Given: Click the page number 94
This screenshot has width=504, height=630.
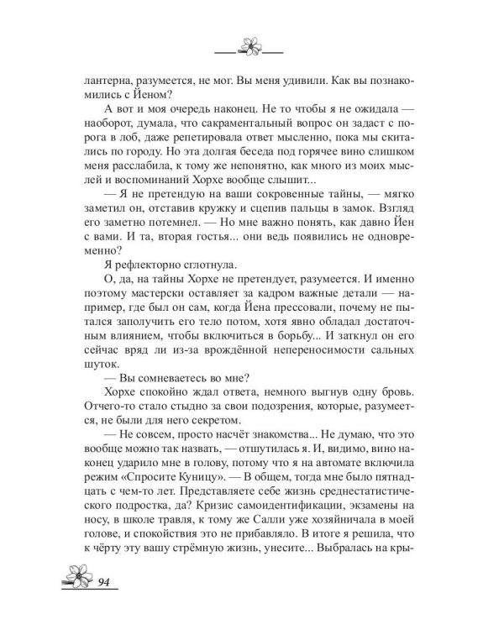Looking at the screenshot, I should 107,583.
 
